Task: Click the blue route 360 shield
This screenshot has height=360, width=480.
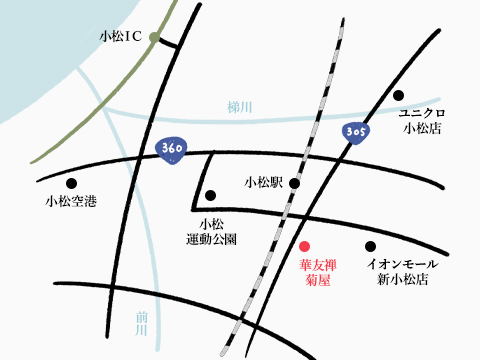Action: click(171, 149)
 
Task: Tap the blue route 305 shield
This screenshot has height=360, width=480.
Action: click(355, 131)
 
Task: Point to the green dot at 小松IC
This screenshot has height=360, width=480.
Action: click(154, 38)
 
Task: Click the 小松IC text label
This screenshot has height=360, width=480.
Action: click(121, 37)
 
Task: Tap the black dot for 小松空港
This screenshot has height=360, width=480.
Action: click(71, 183)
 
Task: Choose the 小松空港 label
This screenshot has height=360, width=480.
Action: click(71, 203)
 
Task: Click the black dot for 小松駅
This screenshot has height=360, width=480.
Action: click(294, 183)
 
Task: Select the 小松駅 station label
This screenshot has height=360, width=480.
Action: click(264, 183)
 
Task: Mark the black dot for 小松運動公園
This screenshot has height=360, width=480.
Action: click(210, 195)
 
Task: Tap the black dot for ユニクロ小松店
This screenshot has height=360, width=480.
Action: click(398, 96)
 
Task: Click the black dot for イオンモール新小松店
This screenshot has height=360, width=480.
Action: click(370, 246)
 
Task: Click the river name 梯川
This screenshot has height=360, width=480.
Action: click(237, 107)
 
